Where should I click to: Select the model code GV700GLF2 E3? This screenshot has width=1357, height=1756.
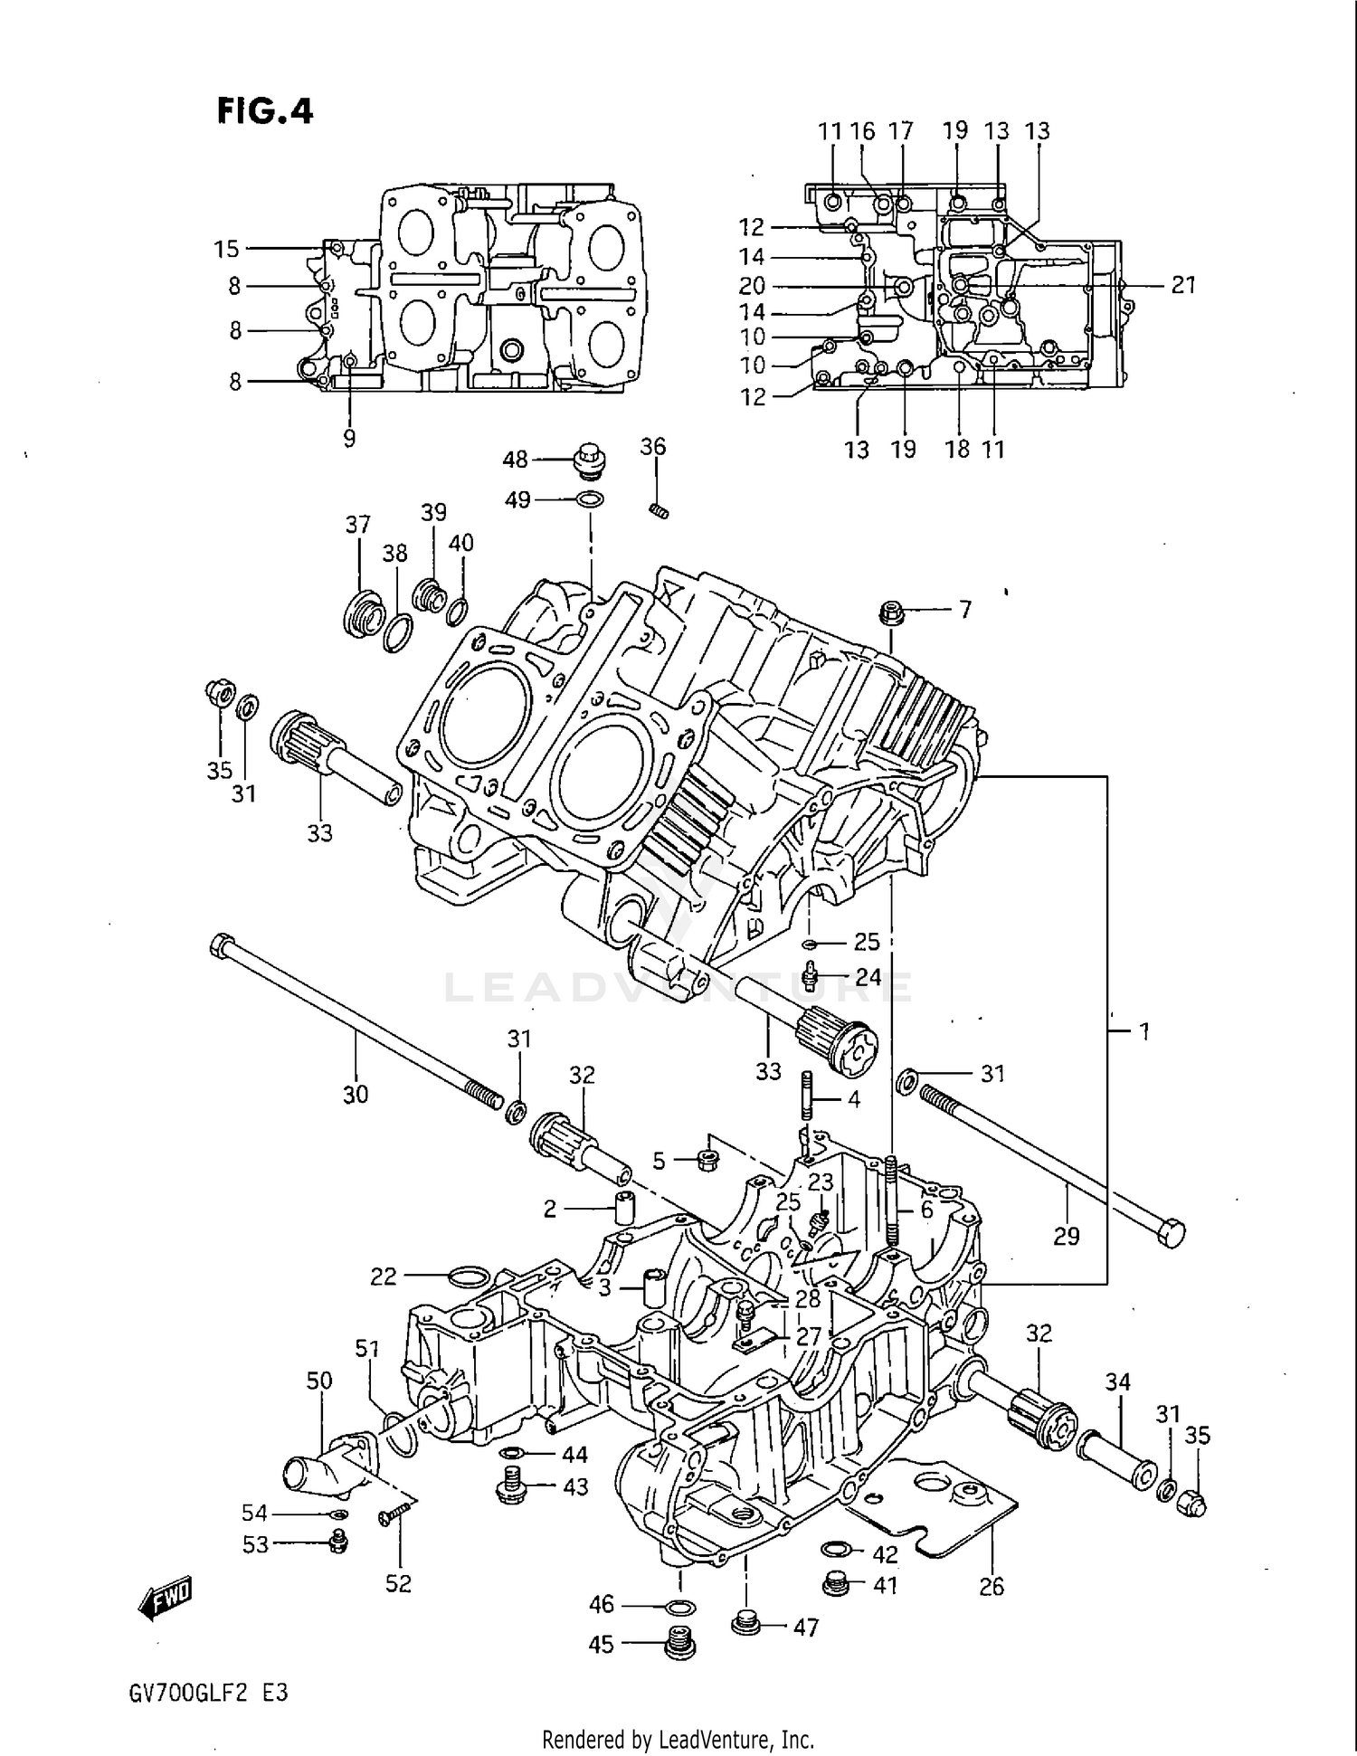tap(208, 1693)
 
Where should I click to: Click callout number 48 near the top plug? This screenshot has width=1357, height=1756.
tap(515, 460)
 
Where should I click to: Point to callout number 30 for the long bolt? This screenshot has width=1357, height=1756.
tap(356, 1094)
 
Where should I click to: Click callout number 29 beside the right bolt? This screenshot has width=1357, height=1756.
tap(1067, 1235)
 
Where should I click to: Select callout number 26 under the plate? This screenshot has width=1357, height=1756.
tap(992, 1586)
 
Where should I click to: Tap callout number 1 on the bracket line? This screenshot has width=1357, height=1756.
tap(1143, 1030)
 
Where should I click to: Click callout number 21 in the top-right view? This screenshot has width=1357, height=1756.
tap(1183, 285)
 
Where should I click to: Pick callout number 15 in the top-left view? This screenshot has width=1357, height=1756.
tap(226, 249)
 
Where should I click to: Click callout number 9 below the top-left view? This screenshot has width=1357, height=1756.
tap(349, 439)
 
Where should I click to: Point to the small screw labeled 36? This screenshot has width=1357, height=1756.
tap(660, 512)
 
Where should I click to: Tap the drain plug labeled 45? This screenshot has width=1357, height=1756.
tap(680, 1643)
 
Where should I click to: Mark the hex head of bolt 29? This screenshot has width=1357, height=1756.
tap(1171, 1233)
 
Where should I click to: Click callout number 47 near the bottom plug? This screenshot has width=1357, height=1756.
tap(805, 1627)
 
